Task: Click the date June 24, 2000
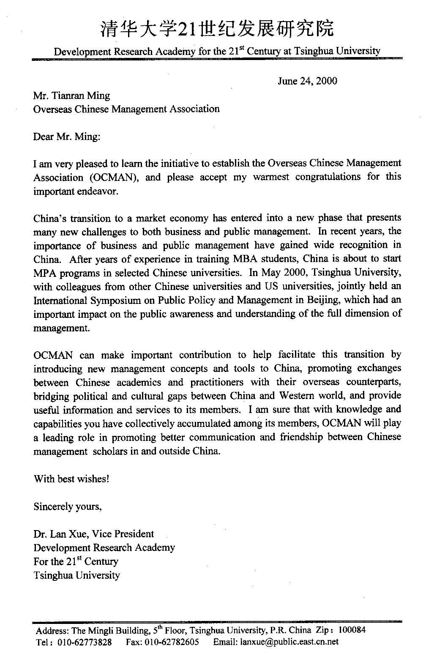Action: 307,81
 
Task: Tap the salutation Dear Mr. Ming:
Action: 67,137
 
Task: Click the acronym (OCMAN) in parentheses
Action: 114,177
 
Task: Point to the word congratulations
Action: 328,177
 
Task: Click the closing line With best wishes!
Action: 71,479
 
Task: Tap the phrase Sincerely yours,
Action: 68,506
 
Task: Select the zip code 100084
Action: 352,630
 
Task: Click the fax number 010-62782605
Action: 172,642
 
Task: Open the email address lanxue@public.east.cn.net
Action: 289,642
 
